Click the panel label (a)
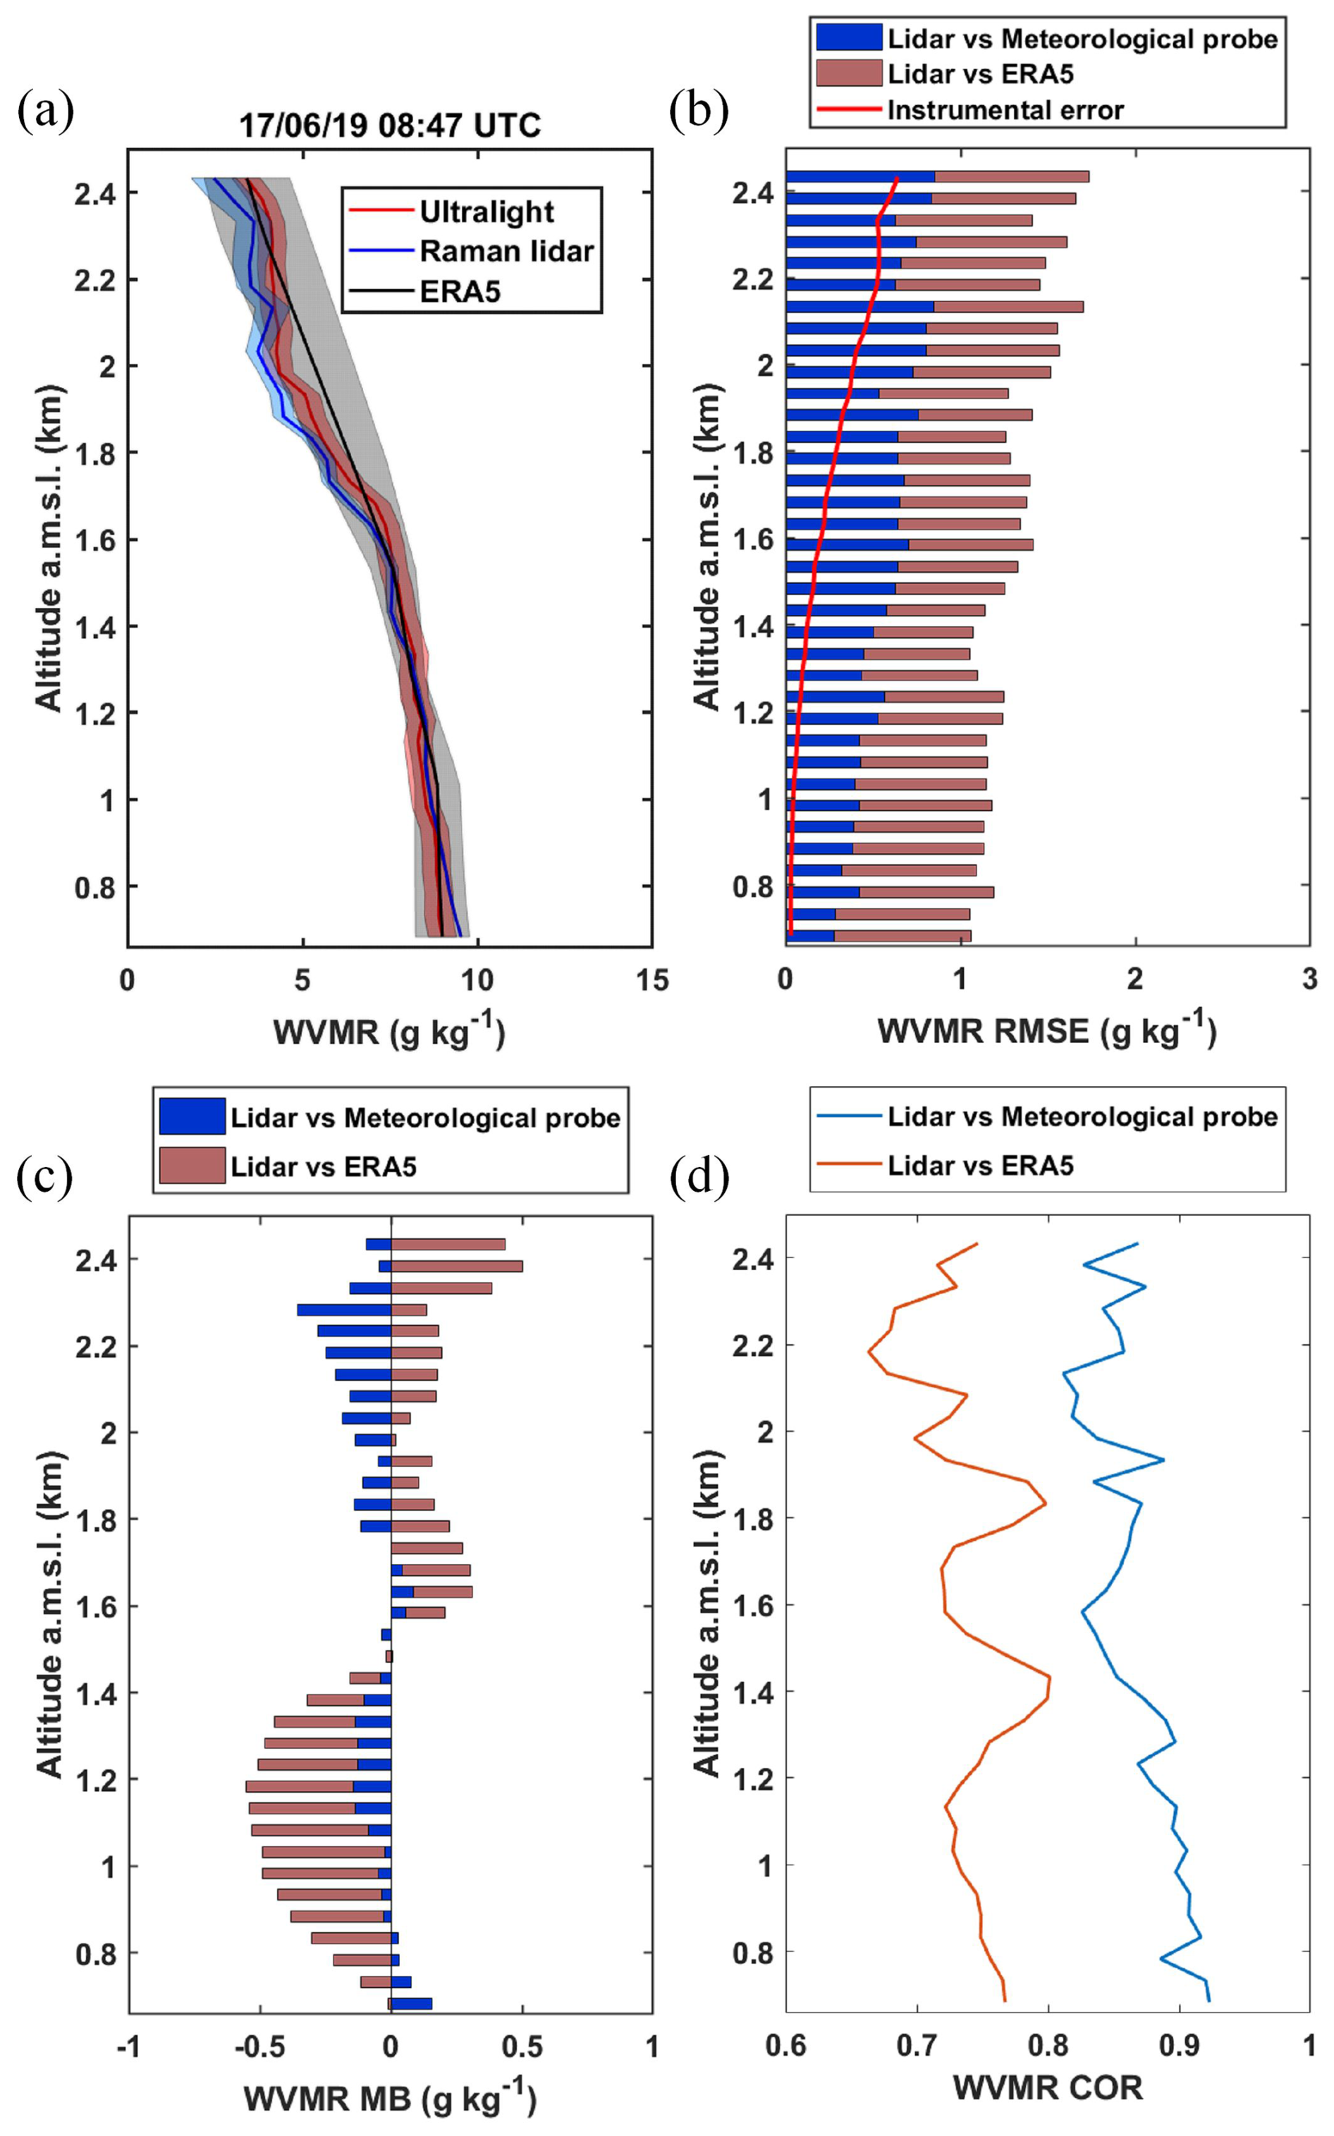[46, 112]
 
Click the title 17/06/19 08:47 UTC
[390, 126]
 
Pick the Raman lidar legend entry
[506, 252]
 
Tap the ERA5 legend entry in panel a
[460, 291]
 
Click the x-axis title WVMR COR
[1047, 2087]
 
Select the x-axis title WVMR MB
[389, 2098]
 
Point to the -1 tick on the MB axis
[129, 2046]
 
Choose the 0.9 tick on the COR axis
[1179, 2045]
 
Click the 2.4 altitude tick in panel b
[752, 193]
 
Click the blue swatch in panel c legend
[192, 1117]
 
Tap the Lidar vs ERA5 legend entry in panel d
[980, 1166]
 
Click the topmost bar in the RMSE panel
[937, 176]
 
